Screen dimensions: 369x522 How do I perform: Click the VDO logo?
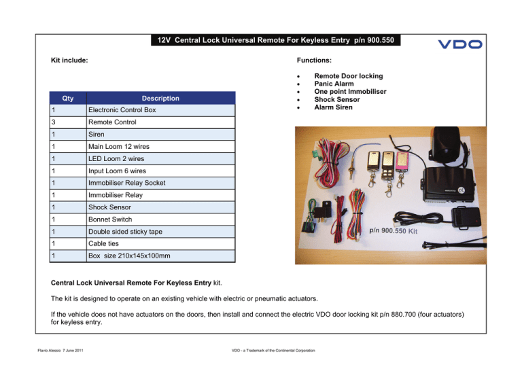[459, 44]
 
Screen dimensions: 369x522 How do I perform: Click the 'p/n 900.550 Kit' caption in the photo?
[403, 230]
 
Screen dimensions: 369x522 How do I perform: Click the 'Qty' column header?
[67, 98]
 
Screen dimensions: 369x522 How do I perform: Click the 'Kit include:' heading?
[70, 60]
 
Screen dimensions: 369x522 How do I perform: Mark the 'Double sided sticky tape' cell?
[125, 232]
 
